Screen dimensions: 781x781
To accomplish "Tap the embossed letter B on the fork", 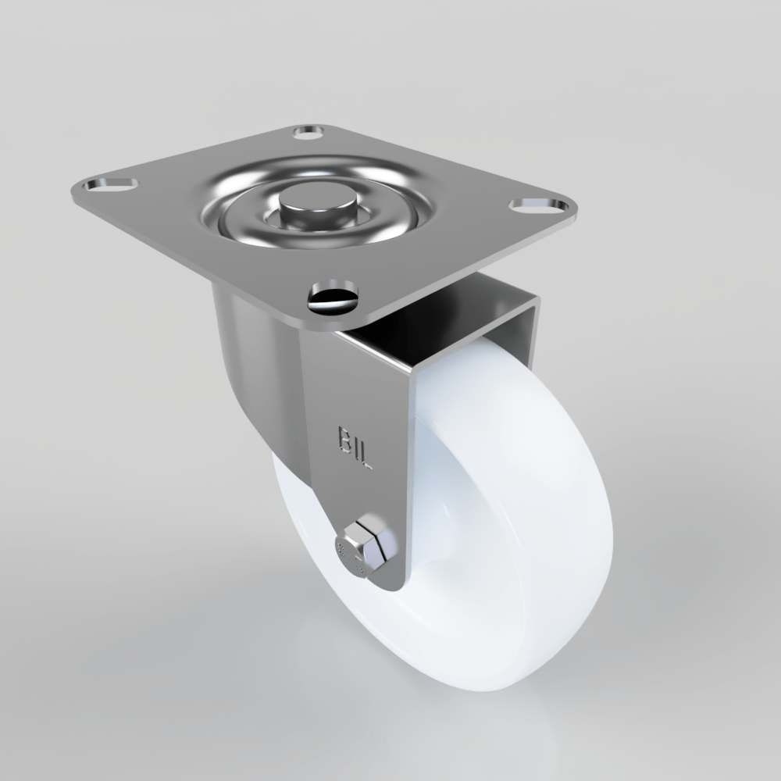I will pyautogui.click(x=344, y=438).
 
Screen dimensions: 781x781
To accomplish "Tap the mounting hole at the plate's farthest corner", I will pyautogui.click(x=312, y=130).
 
